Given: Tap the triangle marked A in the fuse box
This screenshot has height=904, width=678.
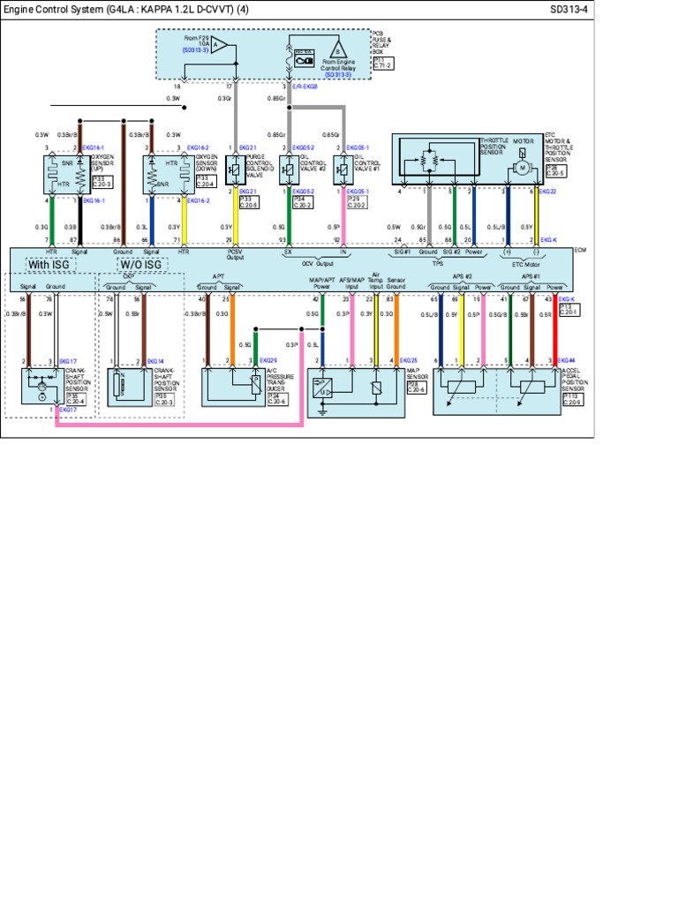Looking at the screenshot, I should pos(219,45).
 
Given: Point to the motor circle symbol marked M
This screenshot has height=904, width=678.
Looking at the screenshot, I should pos(522,168).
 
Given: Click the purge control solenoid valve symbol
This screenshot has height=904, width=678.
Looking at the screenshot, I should pos(237,169).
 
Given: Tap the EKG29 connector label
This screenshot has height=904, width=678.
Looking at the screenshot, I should pos(267,361).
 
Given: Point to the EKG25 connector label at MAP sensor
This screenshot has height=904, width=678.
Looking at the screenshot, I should pos(408,361).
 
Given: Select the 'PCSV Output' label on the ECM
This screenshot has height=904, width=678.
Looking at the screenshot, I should pos(235,254).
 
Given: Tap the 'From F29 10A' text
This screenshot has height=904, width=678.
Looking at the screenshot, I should pos(196,41).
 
